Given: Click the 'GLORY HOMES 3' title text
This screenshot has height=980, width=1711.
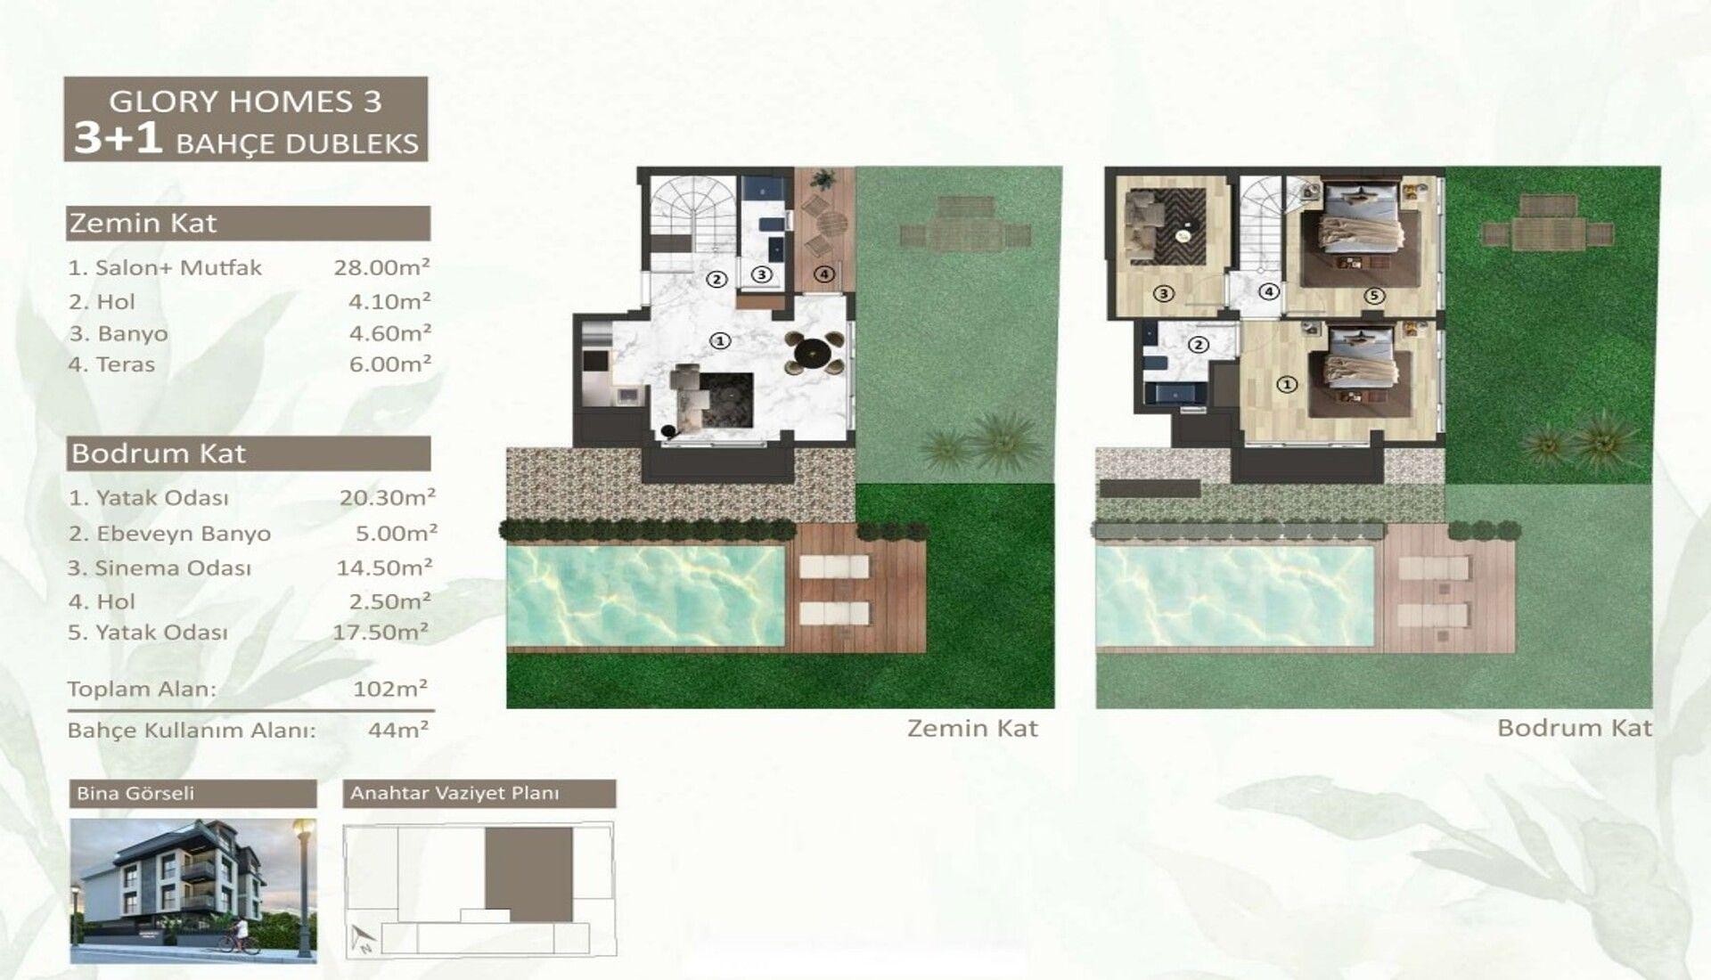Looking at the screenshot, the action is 245,101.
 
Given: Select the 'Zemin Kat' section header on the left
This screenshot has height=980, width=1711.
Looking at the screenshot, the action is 143,223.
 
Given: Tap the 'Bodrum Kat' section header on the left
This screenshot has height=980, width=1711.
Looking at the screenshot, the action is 158,453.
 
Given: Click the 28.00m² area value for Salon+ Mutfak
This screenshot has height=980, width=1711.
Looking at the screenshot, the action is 382,266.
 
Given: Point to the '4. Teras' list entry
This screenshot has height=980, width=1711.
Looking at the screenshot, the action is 111,364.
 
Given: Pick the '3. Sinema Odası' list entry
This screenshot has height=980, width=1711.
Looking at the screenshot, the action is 160,568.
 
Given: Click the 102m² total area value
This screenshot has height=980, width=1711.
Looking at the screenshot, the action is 390,689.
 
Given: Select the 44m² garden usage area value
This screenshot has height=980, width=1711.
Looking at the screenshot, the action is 398,731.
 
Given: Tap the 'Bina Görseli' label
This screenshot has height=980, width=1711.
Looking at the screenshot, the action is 135,793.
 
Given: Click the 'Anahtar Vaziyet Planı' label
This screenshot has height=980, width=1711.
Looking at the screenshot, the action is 454,793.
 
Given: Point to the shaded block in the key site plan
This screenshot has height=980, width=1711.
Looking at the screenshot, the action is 528,874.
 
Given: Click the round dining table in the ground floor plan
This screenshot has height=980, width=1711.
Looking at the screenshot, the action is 815,350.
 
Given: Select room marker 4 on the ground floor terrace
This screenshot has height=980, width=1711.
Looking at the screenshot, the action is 824,274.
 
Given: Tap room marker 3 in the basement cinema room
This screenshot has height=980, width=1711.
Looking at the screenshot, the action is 1163,292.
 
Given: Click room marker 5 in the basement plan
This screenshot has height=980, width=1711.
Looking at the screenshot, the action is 1374,295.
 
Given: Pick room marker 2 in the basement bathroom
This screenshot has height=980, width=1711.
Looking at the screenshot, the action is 1199,345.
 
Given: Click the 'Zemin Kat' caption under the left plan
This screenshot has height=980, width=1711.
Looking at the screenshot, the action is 972,729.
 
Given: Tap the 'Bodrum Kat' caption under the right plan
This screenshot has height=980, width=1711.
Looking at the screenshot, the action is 1575,728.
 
